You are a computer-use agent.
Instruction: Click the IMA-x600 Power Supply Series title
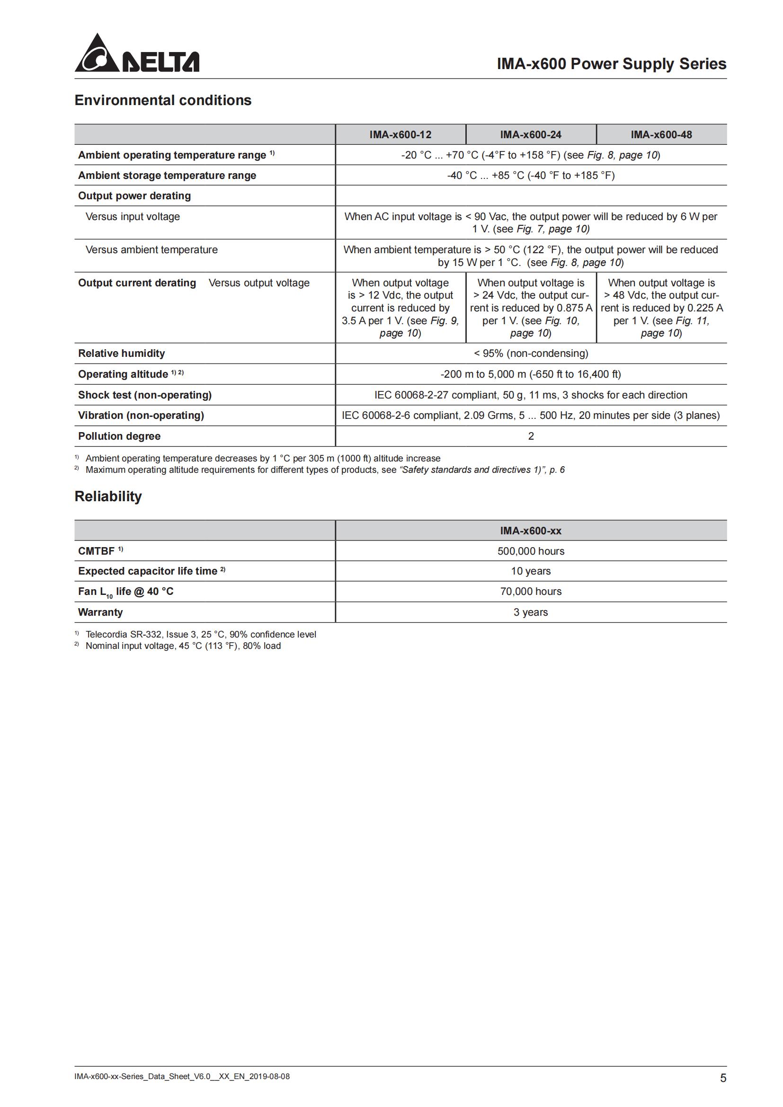tap(611, 63)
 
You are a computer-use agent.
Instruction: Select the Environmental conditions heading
tap(163, 100)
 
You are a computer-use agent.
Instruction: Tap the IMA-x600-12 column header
tap(400, 134)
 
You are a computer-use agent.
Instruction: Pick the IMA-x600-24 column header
tap(530, 134)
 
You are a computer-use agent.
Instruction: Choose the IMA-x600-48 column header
tap(661, 134)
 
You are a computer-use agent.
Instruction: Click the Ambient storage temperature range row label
tap(167, 176)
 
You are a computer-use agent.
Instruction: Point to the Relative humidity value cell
tap(530, 354)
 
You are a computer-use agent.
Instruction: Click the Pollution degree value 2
tap(531, 436)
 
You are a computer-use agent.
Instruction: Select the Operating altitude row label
tap(123, 375)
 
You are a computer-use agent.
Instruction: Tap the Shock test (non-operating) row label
tap(145, 395)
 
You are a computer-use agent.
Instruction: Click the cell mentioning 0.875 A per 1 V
tap(531, 308)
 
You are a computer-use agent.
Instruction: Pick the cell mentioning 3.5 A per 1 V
tap(400, 308)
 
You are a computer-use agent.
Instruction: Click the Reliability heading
tap(108, 496)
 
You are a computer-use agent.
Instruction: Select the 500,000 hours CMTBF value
tap(530, 551)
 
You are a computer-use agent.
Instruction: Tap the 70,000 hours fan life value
tap(530, 592)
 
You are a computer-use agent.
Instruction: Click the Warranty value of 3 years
tap(530, 612)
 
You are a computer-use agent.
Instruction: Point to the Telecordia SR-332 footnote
tap(201, 635)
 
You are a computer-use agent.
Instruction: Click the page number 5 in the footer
tap(723, 1078)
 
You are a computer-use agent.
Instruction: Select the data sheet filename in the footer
tap(182, 1076)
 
